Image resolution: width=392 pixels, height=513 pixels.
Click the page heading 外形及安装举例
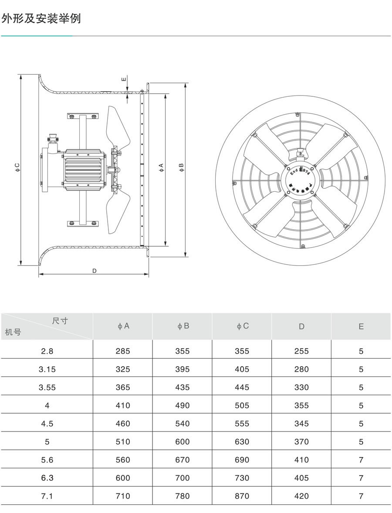41,19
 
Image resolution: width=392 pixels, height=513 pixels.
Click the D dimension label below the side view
94,271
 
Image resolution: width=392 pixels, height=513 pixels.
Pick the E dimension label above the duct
124,79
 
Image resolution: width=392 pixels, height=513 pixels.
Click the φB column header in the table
182,326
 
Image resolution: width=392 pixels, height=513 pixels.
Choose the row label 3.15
47,369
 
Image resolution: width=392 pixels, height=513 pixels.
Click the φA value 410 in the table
123,405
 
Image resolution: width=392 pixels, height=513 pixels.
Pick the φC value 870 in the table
242,496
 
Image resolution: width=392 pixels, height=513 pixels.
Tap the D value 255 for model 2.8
301,351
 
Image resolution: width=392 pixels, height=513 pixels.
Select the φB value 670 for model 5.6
182,460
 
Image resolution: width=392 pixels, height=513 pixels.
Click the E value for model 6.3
361,478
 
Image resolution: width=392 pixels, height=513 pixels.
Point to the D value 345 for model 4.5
301,424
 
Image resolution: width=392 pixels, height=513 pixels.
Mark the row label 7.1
47,496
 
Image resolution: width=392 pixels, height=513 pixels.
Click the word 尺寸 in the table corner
60,321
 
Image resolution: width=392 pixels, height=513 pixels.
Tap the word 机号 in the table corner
13,333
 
